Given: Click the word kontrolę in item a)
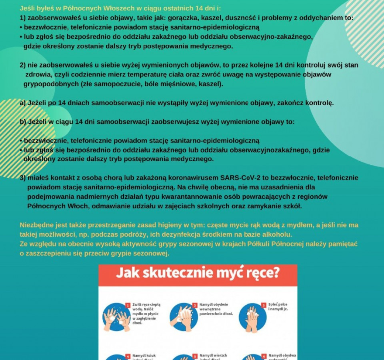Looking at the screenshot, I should (x=319, y=103).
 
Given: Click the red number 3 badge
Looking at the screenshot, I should (x=264, y=305).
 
